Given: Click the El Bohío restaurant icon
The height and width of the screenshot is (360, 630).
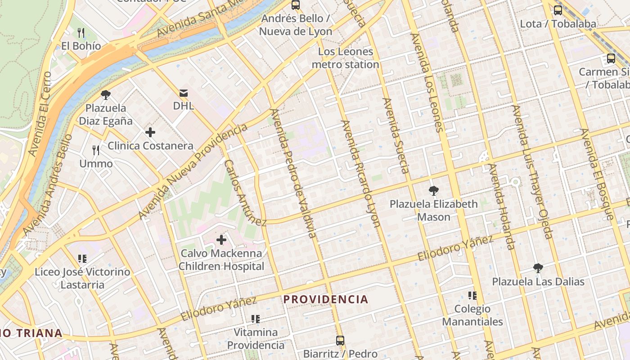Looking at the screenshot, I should (81, 33).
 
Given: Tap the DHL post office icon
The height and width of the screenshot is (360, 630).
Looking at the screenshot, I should (184, 93).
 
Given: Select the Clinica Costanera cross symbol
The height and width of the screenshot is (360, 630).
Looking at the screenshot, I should (150, 132).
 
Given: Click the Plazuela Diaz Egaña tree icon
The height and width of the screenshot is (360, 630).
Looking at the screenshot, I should (106, 95).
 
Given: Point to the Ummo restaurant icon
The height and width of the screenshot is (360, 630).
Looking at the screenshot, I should (96, 150).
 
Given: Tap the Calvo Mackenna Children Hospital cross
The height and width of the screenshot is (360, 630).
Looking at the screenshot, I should (221, 240).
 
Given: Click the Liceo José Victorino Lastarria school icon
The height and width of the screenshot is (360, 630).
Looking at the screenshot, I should (82, 259).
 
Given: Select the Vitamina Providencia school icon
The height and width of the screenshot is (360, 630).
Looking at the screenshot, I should (256, 319).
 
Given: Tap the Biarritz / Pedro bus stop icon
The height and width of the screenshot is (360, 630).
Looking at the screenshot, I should (340, 341).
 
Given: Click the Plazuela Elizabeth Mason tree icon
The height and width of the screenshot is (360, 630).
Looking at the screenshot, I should (433, 191).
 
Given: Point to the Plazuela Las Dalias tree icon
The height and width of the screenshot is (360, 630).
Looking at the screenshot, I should (538, 269).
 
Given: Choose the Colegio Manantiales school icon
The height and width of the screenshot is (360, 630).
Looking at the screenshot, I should (472, 296).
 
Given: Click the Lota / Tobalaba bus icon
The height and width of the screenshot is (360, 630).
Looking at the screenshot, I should (558, 10).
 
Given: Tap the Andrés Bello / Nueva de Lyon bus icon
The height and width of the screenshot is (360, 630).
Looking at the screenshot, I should (296, 5).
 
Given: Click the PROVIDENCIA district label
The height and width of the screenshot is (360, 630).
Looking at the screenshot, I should (326, 299).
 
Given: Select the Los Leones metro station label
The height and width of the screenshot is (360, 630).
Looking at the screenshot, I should (346, 58).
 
